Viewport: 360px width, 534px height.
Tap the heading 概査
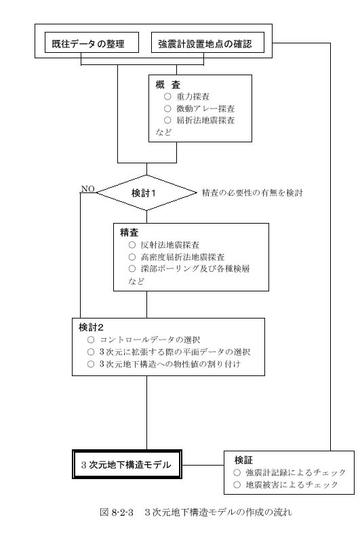pos(168,85)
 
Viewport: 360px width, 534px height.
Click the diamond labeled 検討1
pos(147,192)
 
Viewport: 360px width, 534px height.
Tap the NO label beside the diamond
pos(87,188)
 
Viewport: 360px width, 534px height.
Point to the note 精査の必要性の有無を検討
pos(252,192)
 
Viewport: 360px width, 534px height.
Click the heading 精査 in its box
pos(129,232)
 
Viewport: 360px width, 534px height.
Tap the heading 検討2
pos(91,327)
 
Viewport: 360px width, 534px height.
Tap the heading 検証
pos(243,460)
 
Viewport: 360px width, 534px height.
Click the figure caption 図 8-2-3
pos(117,512)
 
